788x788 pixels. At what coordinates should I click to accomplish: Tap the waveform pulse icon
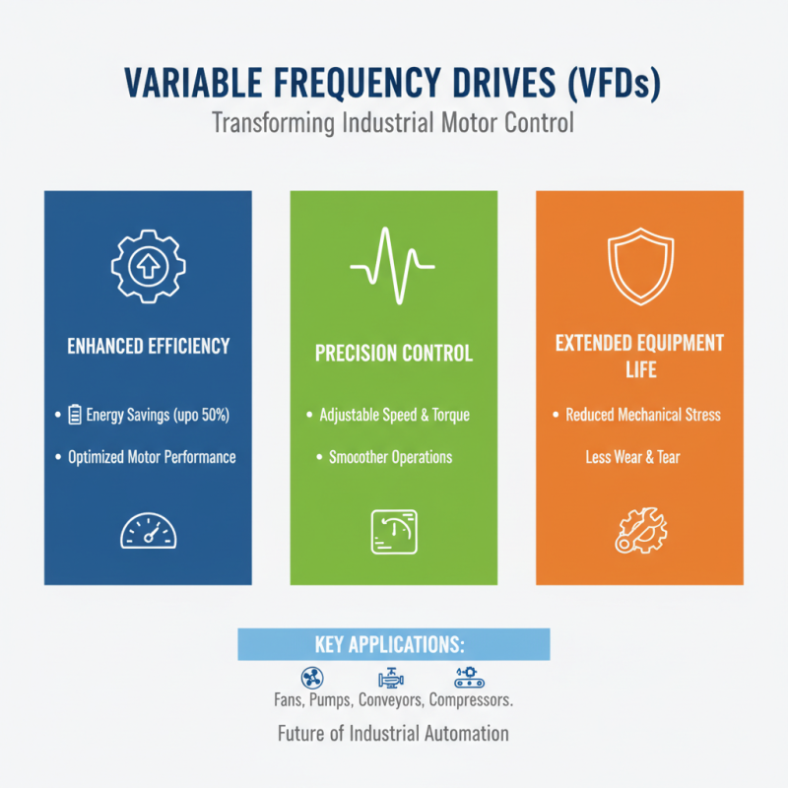[393, 266]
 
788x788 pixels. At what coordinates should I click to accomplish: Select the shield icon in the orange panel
[639, 266]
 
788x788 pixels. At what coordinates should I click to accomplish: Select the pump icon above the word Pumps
[390, 678]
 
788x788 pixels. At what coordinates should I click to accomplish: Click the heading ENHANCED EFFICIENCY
[148, 346]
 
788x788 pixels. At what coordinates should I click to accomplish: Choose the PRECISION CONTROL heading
[393, 353]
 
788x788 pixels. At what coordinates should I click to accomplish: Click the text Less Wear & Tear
[632, 457]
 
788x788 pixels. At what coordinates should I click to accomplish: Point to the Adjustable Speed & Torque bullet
[394, 415]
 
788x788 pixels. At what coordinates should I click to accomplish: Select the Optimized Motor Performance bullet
[152, 457]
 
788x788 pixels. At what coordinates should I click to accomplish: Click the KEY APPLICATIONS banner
[393, 645]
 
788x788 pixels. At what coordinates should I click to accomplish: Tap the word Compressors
[472, 701]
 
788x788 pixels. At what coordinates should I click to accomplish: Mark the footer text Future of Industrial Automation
[393, 733]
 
